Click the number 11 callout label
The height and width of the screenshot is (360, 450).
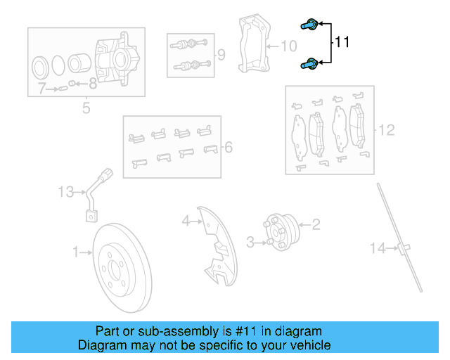(x=342, y=43)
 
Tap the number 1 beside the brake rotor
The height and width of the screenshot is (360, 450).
(x=75, y=251)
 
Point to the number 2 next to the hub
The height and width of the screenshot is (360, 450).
(x=316, y=224)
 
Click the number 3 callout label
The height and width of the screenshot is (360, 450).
(x=250, y=243)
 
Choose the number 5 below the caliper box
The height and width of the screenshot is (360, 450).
(x=86, y=108)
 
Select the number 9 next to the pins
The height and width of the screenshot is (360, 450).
(x=221, y=54)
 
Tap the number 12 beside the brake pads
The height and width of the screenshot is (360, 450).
(x=387, y=129)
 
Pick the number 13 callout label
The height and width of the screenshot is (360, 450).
(x=65, y=191)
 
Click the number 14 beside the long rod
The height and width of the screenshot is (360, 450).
(x=378, y=247)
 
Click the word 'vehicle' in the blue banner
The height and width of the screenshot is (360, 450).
(x=306, y=345)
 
